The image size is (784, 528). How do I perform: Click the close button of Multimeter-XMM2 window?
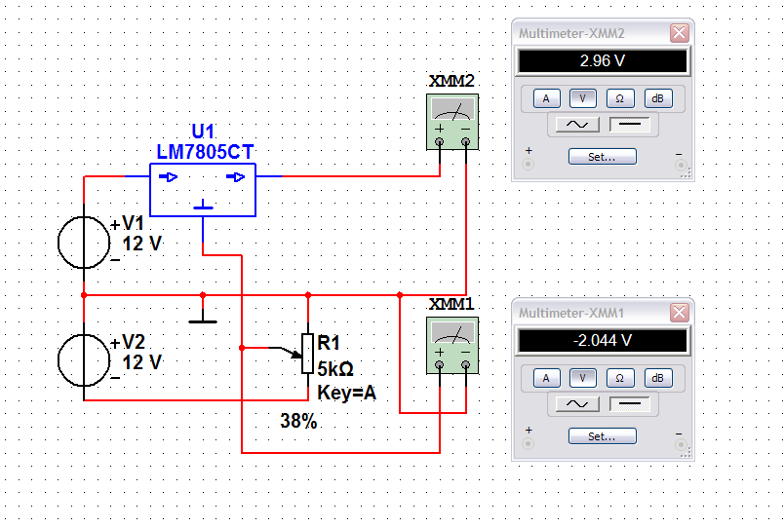(x=679, y=33)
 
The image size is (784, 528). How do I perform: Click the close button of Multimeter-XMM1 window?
(x=679, y=313)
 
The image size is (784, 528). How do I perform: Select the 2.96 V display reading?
(x=603, y=61)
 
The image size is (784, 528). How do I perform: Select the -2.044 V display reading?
(x=603, y=341)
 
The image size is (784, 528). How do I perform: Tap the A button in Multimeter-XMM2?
(x=546, y=98)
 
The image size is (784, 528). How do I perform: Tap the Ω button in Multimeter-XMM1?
(x=619, y=378)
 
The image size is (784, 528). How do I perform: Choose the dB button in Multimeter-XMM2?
(x=657, y=98)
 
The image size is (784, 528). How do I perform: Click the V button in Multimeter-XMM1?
(x=583, y=378)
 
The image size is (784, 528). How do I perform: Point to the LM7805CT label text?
(x=206, y=151)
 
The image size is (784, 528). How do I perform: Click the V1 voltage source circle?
(x=84, y=242)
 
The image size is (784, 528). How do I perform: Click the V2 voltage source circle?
(x=84, y=360)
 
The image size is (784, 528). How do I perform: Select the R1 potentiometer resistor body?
(x=308, y=354)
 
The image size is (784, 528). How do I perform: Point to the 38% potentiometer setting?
(x=298, y=422)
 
